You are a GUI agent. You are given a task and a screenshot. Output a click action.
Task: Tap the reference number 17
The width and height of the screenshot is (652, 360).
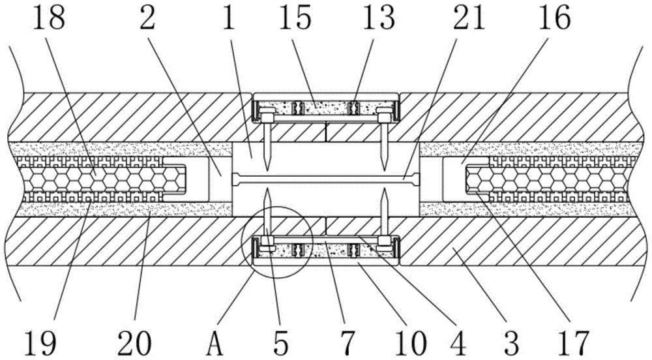pyautogui.click(x=573, y=340)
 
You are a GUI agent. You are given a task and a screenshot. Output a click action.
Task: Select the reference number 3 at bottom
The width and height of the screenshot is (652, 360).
pyautogui.click(x=512, y=340)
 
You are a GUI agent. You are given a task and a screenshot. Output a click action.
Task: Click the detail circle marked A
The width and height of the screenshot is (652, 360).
pyautogui.click(x=274, y=241)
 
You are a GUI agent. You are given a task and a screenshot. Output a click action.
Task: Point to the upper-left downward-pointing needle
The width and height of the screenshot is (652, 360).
pyautogui.click(x=268, y=143)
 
